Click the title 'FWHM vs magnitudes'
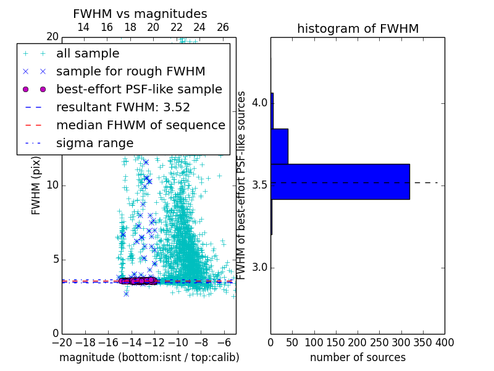pos(140,14)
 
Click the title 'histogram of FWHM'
pos(358,28)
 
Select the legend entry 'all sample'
pos(88,54)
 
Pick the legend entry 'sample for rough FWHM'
pos(130,71)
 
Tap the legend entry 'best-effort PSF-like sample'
pos(139,89)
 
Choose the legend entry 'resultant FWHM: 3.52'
pos(123,107)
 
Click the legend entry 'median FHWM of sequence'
pos(140,125)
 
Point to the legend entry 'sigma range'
pos(94,143)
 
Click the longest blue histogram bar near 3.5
pos(340,181)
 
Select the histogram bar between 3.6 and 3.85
pos(280,146)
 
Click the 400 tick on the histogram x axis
pos(445,342)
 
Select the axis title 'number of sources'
pos(358,357)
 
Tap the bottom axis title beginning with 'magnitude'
pos(149,357)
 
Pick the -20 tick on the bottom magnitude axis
pos(62,342)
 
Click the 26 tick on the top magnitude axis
pos(223,27)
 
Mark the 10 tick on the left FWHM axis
pos(52,185)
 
